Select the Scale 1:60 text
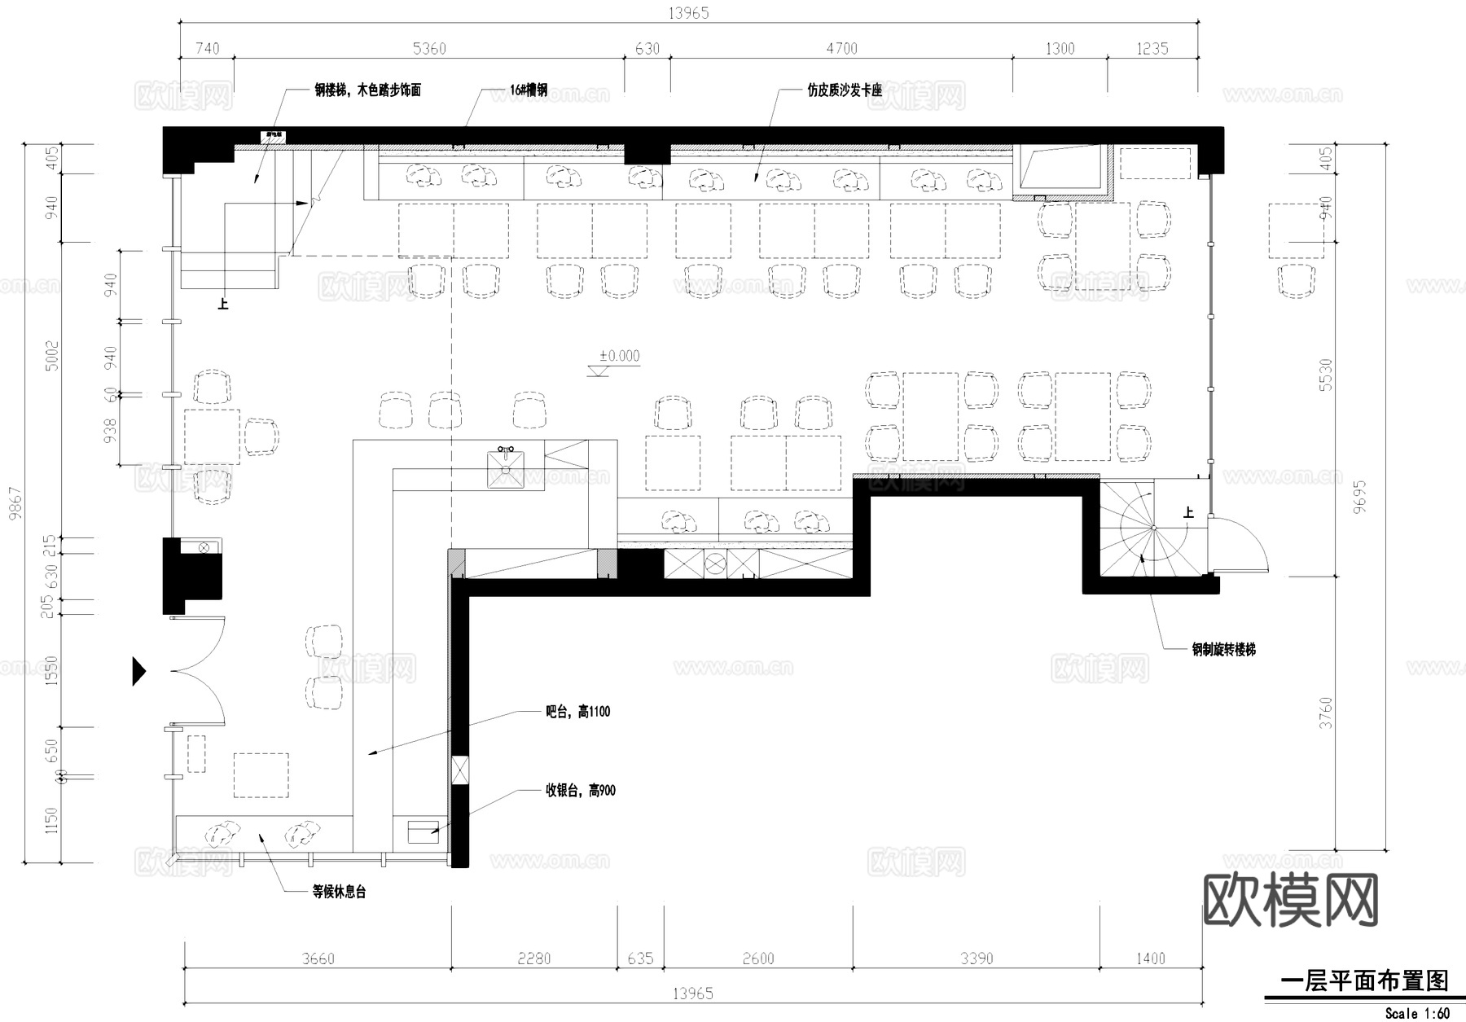tap(1417, 1014)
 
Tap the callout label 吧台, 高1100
tap(577, 712)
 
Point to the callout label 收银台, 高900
tap(580, 790)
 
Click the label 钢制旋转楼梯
tap(1223, 649)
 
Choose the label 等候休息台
tap(339, 892)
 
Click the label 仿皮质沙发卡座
tap(845, 90)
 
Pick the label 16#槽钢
tap(529, 90)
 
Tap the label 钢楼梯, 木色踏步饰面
tap(367, 90)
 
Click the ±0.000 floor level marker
tap(619, 357)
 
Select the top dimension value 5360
tap(429, 49)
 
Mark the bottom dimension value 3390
tap(976, 958)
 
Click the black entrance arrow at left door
tap(139, 671)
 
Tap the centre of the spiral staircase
tap(1153, 528)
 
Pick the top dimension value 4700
tap(841, 49)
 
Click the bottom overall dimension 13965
tap(692, 993)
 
